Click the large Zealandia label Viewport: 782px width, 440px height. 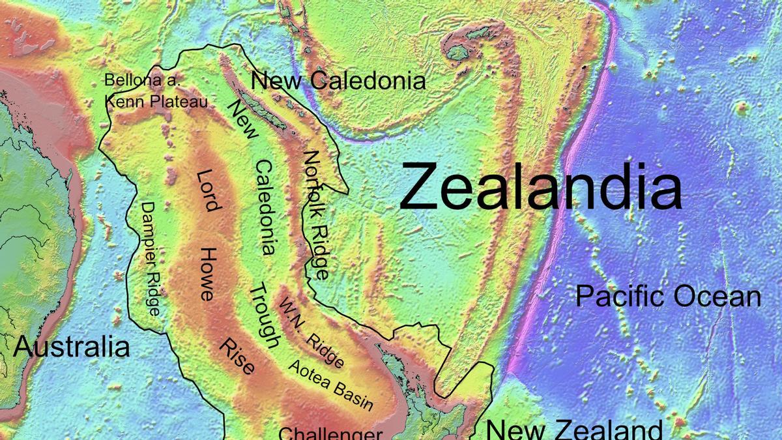541,186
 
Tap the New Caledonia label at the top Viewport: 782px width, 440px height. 338,81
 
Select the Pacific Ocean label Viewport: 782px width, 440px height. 668,297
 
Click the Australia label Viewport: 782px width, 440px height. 72,347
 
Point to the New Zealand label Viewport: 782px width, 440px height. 574,430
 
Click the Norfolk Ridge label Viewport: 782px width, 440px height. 315,215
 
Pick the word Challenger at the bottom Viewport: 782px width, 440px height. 330,433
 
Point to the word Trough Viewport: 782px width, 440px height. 266,316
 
